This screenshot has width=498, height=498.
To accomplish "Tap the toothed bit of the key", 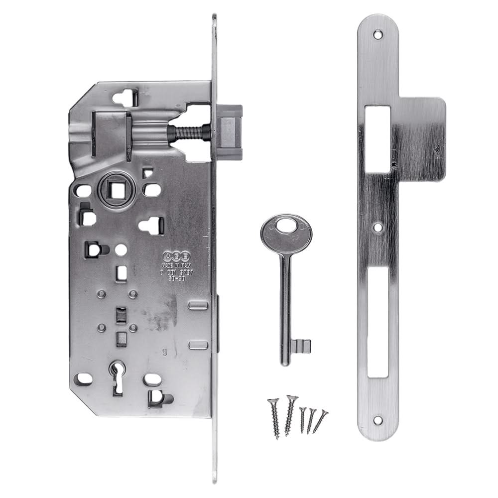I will (x=301, y=345).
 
